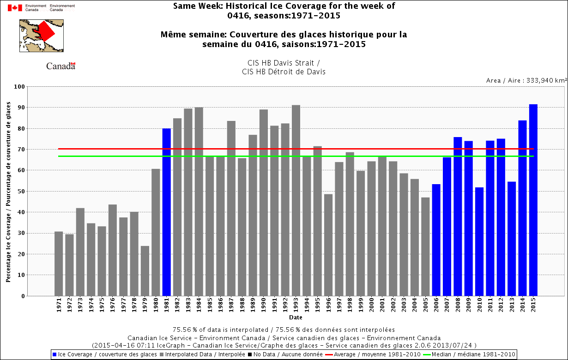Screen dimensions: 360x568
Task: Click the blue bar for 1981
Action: click(x=166, y=212)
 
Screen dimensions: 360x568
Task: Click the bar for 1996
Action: click(x=328, y=245)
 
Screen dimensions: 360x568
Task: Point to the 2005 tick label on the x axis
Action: click(x=426, y=306)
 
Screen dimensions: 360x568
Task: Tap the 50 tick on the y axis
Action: click(x=21, y=191)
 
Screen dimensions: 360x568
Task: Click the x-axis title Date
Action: click(x=296, y=318)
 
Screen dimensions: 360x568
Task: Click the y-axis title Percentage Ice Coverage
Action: click(x=9, y=191)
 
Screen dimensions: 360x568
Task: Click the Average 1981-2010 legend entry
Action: click(x=376, y=354)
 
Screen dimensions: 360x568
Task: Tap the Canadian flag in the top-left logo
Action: click(x=15, y=8)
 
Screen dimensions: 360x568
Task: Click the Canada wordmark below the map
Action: click(x=60, y=66)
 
